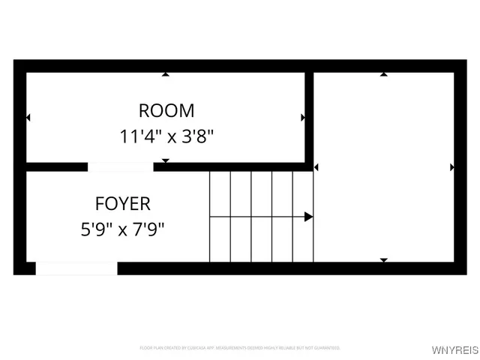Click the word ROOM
click(166, 111)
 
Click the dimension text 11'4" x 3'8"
click(166, 136)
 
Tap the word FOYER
click(122, 203)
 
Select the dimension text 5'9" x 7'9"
click(122, 229)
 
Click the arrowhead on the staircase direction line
click(308, 217)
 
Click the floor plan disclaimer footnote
click(240, 348)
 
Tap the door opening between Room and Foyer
click(120, 166)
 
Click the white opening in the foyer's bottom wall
click(76, 268)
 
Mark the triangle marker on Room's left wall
click(28, 118)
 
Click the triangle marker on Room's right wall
click(302, 118)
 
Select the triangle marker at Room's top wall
click(166, 74)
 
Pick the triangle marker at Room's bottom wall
click(166, 160)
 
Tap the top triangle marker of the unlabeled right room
click(384, 74)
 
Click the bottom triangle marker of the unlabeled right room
click(384, 260)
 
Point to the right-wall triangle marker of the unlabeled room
click(451, 167)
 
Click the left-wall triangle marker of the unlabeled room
click(316, 167)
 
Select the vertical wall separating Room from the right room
click(309, 116)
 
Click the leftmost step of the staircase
click(219, 217)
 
